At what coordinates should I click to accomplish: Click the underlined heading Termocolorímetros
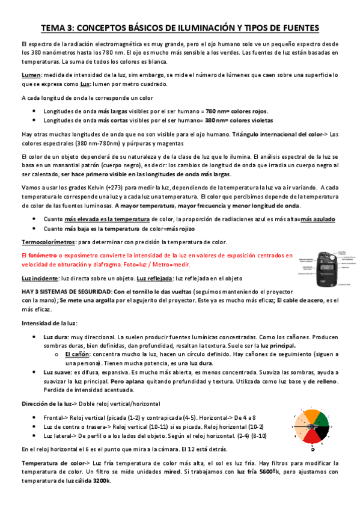tap(48, 242)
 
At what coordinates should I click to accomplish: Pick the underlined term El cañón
tap(77, 355)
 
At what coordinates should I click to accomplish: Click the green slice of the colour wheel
tap(322, 419)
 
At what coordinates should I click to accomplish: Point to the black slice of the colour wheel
tap(322, 433)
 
